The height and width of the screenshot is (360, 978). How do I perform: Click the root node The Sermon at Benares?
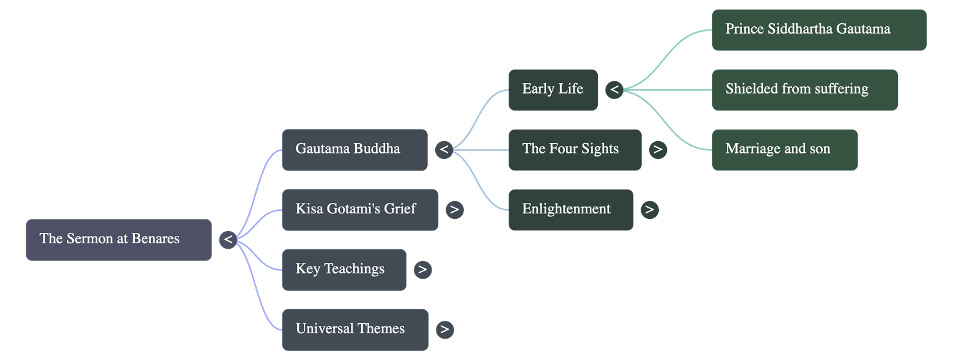coord(119,240)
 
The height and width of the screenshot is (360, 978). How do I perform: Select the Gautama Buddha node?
coord(354,150)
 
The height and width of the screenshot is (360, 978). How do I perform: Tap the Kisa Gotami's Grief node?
coord(359,210)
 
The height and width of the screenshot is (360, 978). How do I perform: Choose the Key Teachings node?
coord(344,270)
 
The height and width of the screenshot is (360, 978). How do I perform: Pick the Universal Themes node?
coord(355,329)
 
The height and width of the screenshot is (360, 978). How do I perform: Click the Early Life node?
coord(553,90)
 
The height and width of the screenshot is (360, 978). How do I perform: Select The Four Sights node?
coord(574,150)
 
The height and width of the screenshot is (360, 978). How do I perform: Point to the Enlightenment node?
coord(570,210)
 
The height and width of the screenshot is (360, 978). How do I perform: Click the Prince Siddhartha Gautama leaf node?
coord(818,30)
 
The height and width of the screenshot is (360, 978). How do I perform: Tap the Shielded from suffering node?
coord(804,90)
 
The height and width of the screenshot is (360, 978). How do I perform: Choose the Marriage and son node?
coord(784,150)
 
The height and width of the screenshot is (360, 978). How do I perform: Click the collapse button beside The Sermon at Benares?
coord(228,240)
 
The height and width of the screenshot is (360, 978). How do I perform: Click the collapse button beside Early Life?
coord(614,90)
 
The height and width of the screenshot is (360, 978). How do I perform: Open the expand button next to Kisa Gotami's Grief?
coord(454,210)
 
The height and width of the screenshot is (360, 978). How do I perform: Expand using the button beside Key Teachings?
coord(422,270)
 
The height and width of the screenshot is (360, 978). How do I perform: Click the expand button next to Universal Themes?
coord(445,330)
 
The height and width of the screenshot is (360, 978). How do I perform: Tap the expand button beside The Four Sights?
coord(658,150)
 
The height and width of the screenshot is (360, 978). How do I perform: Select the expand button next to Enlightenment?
coord(650,210)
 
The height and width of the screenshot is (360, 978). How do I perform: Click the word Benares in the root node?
coord(155,239)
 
